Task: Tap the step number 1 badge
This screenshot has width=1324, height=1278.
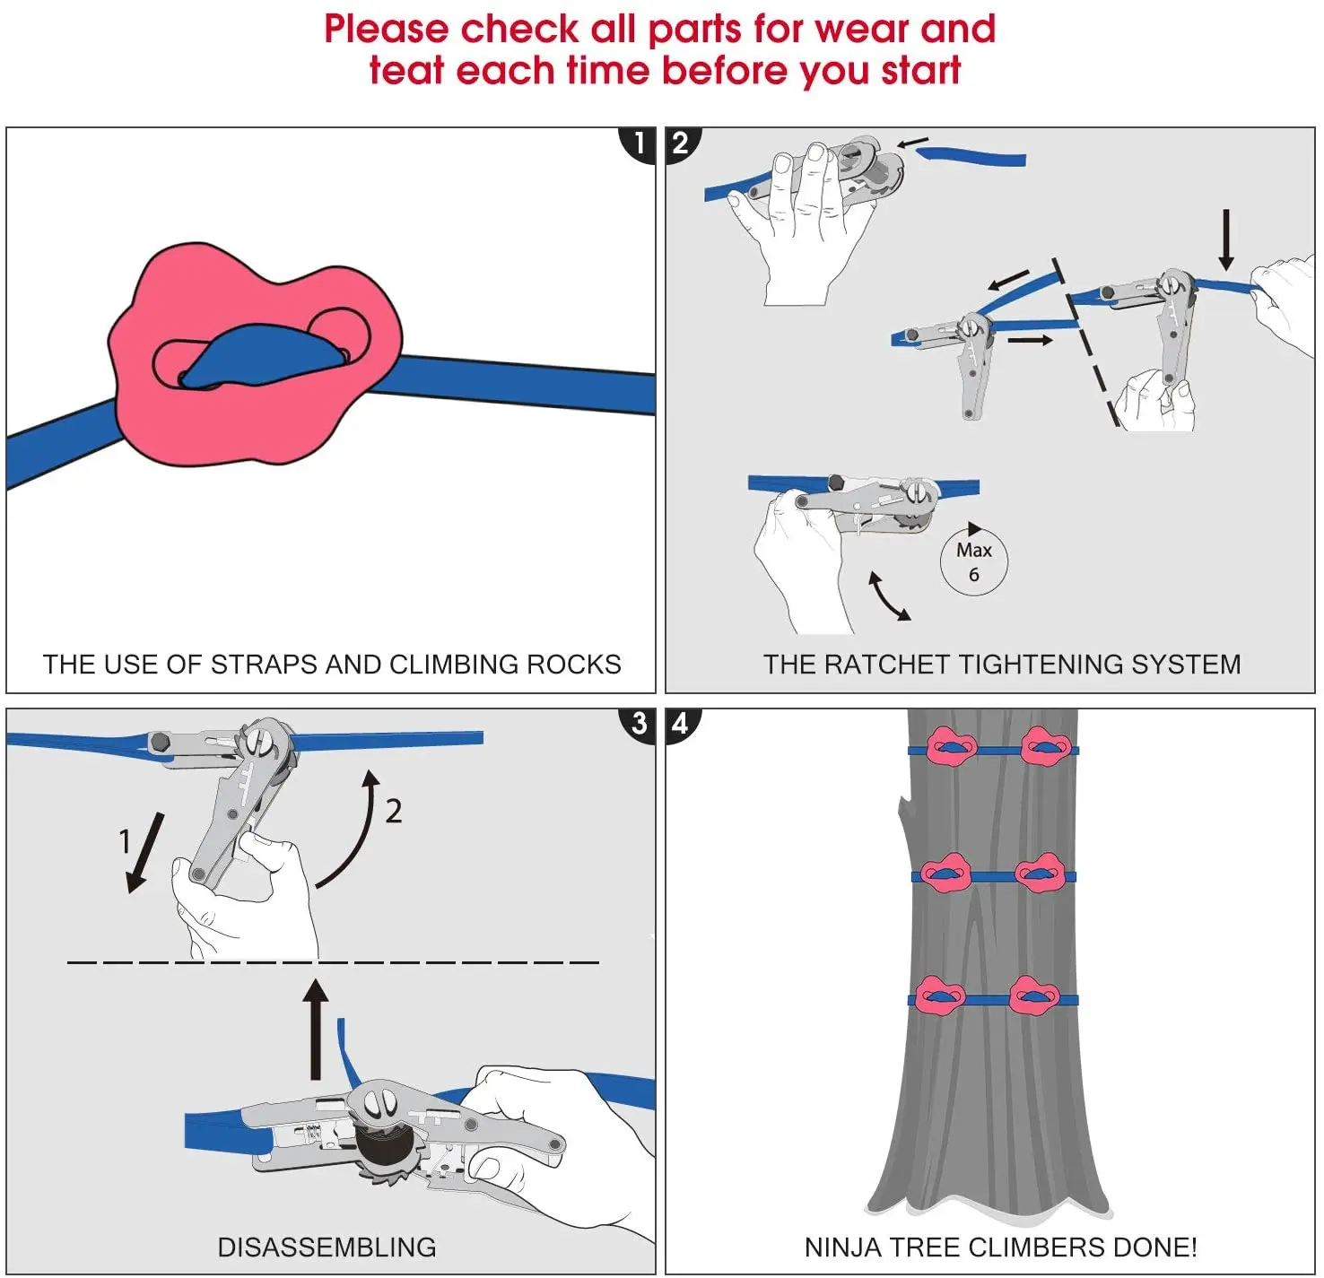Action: (x=639, y=143)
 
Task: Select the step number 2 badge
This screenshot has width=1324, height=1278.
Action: (x=681, y=143)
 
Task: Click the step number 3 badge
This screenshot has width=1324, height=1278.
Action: (x=639, y=724)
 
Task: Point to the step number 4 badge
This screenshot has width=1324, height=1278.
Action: (x=681, y=724)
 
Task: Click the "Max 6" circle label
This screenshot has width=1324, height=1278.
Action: (x=973, y=561)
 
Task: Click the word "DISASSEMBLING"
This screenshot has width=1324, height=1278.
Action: (x=327, y=1248)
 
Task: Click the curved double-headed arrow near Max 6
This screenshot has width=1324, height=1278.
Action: (x=889, y=596)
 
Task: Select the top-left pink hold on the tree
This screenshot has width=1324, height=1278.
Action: (x=951, y=747)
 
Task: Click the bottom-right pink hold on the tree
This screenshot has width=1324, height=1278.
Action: (x=1034, y=996)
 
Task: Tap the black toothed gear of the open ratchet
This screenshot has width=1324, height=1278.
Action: (x=388, y=1150)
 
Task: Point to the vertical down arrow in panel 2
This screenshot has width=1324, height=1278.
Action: (x=1225, y=239)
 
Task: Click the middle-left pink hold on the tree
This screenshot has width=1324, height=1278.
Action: (x=945, y=873)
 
